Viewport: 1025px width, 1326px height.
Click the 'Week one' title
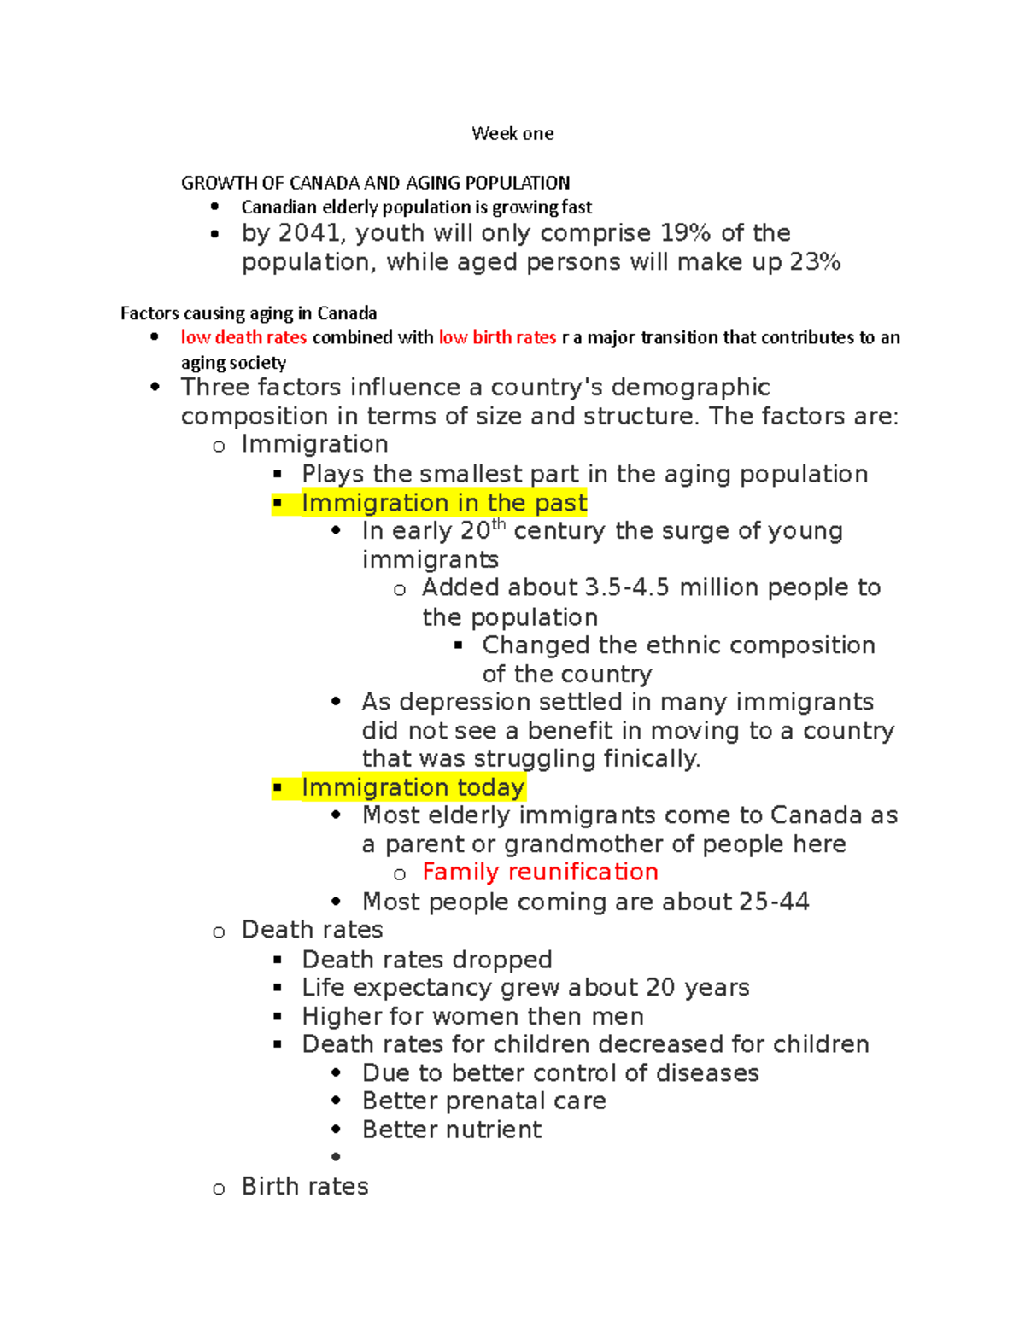pyautogui.click(x=512, y=133)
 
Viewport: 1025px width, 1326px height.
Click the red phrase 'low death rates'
pyautogui.click(x=243, y=337)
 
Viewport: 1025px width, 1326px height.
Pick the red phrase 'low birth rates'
pyautogui.click(x=497, y=337)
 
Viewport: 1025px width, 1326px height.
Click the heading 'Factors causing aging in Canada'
pyautogui.click(x=249, y=313)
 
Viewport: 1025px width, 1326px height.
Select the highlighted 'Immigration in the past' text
pyautogui.click(x=444, y=503)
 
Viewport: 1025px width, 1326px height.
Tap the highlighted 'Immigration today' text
pyautogui.click(x=413, y=787)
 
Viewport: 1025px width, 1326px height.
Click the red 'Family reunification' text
pyautogui.click(x=540, y=872)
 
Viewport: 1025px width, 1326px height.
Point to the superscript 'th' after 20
pyautogui.click(x=499, y=524)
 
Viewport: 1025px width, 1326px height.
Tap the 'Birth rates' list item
pyautogui.click(x=305, y=1186)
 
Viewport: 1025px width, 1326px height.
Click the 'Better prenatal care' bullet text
pyautogui.click(x=483, y=1101)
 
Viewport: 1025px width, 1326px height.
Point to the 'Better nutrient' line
pyautogui.click(x=451, y=1130)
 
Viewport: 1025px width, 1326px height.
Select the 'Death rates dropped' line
pyautogui.click(x=427, y=960)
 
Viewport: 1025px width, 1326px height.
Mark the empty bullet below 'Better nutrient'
pyautogui.click(x=336, y=1157)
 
